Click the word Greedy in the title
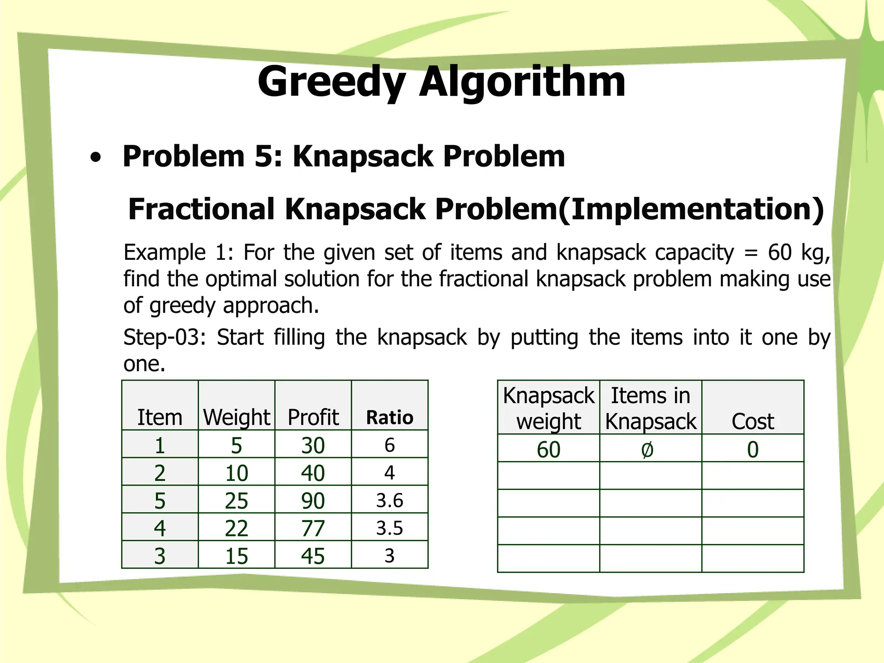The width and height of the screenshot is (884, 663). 331,82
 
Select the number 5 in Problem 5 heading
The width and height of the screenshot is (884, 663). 263,156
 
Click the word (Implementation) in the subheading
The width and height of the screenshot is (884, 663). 691,209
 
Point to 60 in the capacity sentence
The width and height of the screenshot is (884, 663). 780,252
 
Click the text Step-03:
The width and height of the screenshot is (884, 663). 164,337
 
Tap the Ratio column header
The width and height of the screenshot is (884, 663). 389,417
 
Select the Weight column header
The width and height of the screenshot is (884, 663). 237,417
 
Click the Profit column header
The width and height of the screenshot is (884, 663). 313,417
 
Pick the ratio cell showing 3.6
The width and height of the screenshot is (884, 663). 389,500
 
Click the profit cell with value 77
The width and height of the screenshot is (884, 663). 313,528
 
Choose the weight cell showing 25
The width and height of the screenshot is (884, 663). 237,500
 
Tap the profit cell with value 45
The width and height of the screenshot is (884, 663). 313,556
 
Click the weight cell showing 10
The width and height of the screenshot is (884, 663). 237,473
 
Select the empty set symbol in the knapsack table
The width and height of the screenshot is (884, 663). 647,450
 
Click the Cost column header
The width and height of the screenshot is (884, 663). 753,421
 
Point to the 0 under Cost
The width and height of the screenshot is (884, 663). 753,450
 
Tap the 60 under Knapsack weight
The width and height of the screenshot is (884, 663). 549,450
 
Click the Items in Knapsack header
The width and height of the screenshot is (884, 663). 650,408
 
